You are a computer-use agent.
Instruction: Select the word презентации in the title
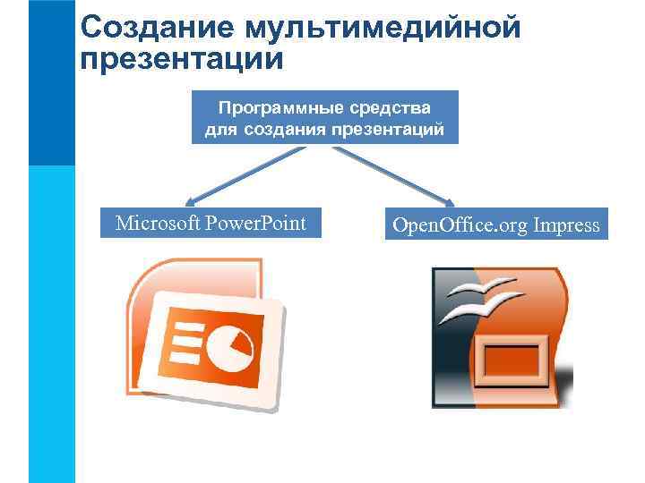click(x=181, y=61)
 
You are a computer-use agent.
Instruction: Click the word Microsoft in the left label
click(x=159, y=223)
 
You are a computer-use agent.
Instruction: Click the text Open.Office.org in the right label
click(x=460, y=225)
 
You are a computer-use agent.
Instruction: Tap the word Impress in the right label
click(x=566, y=225)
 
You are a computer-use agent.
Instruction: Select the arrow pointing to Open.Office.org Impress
click(x=394, y=174)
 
